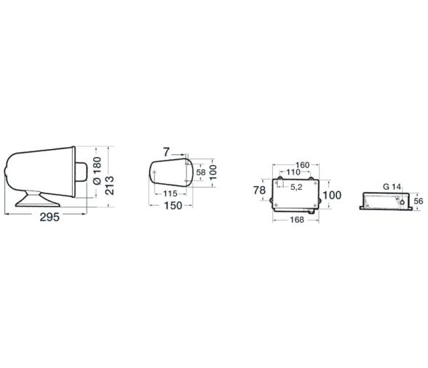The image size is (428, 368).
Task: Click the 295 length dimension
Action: tap(49, 217)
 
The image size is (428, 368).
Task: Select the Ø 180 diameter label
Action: tap(97, 170)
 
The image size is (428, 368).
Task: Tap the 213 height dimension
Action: tap(110, 185)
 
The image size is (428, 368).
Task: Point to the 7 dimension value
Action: tap(167, 152)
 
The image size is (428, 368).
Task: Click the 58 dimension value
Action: tap(201, 172)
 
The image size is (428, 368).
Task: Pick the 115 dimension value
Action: tap(170, 193)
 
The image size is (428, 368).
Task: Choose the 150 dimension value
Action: tap(173, 205)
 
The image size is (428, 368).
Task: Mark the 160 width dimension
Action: tap(303, 165)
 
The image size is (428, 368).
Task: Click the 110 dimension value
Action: tap(293, 172)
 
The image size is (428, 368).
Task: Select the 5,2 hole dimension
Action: tap(296, 187)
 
